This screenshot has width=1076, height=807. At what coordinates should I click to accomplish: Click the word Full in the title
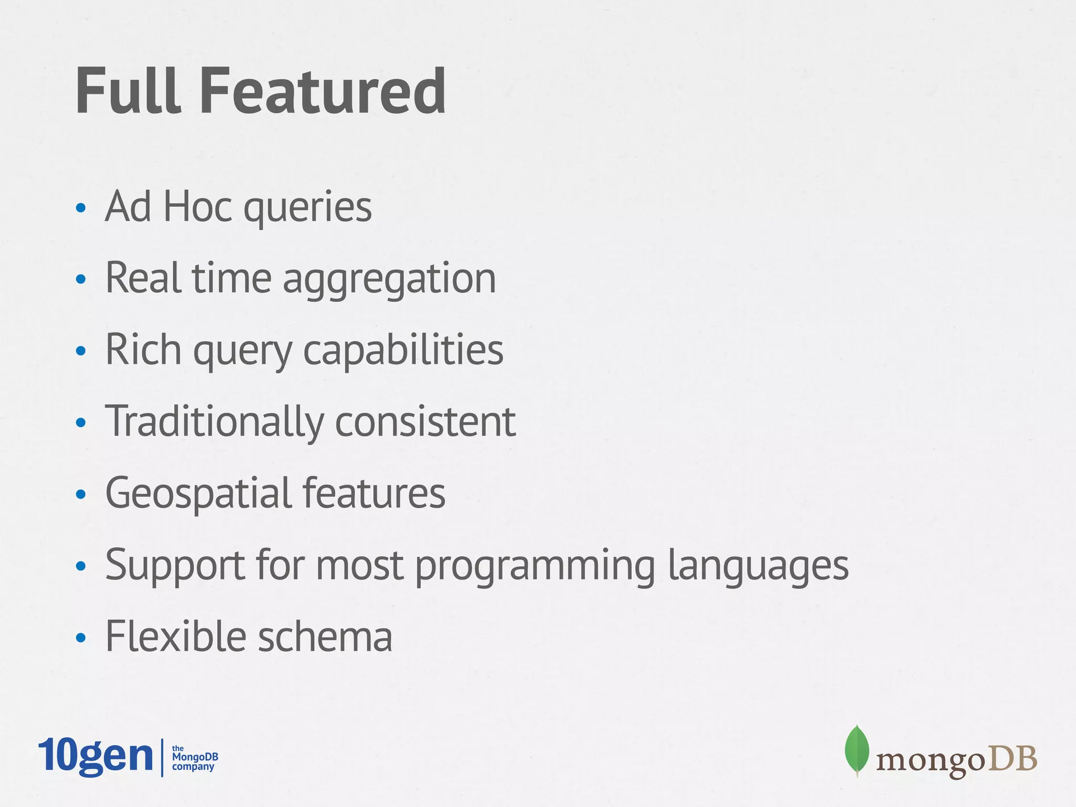[x=129, y=91]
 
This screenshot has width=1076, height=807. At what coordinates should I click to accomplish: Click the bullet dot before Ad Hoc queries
[x=80, y=208]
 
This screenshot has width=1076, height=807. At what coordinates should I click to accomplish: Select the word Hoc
[x=198, y=206]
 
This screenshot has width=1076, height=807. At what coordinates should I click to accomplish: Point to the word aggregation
[x=389, y=279]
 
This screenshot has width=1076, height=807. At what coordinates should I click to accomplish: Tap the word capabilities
[x=403, y=350]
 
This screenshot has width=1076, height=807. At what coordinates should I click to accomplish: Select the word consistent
[x=426, y=422]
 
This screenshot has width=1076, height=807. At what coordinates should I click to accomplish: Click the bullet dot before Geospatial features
[x=80, y=494]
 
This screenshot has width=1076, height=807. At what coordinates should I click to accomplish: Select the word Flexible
[x=175, y=636]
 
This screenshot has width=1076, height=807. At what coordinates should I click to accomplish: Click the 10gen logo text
[x=96, y=756]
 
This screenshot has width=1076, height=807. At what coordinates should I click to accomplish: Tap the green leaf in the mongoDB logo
[x=856, y=750]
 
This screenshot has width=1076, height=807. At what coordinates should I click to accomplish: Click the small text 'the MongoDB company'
[x=194, y=758]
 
